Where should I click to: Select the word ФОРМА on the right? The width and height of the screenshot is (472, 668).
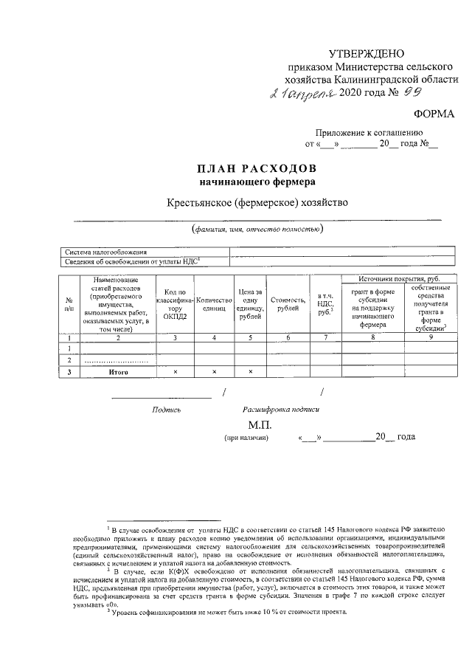[435, 114]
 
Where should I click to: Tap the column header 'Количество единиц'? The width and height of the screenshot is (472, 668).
[214, 303]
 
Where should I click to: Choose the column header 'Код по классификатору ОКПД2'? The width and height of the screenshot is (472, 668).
[175, 303]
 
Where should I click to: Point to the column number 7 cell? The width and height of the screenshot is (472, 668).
[322, 337]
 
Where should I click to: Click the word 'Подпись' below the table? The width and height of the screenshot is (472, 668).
[166, 408]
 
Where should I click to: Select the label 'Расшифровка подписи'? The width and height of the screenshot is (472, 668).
[280, 408]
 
